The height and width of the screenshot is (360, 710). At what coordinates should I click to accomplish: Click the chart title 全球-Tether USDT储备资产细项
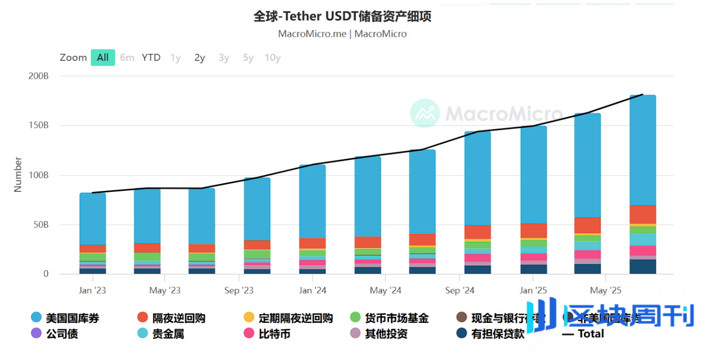pyautogui.click(x=342, y=17)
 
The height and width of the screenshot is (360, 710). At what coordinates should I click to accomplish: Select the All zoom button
pyautogui.click(x=102, y=58)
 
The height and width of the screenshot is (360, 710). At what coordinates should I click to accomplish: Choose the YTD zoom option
pyautogui.click(x=151, y=58)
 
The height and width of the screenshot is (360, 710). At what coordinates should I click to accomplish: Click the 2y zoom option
pyautogui.click(x=199, y=58)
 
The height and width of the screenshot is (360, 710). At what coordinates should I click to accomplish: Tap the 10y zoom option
pyautogui.click(x=272, y=58)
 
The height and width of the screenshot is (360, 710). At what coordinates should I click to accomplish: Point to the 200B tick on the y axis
pyautogui.click(x=38, y=76)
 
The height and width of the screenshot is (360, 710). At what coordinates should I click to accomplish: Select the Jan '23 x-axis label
pyautogui.click(x=92, y=290)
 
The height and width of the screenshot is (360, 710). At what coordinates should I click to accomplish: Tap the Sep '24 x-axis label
pyautogui.click(x=460, y=290)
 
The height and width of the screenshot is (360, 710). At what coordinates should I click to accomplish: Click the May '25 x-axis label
pyautogui.click(x=605, y=290)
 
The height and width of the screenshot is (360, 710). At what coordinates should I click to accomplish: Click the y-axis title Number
pyautogui.click(x=18, y=175)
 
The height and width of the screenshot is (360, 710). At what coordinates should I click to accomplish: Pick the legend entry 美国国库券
pyautogui.click(x=72, y=318)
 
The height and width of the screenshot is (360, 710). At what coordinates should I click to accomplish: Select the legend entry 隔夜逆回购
pyautogui.click(x=178, y=318)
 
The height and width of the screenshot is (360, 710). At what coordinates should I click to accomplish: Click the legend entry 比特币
pyautogui.click(x=274, y=334)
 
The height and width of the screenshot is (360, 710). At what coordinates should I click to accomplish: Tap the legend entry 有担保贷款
pyautogui.click(x=497, y=334)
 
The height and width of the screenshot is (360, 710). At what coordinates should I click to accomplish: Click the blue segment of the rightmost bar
pyautogui.click(x=643, y=151)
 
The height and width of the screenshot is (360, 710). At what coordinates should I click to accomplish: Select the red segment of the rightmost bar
pyautogui.click(x=643, y=214)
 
